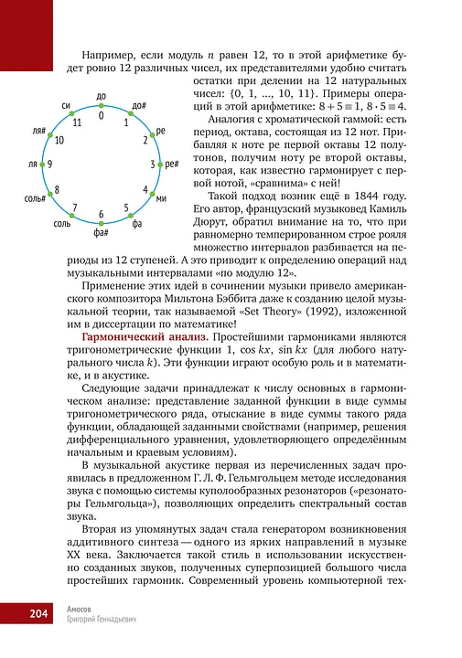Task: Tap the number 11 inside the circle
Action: tap(77, 122)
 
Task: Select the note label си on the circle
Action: tap(67, 106)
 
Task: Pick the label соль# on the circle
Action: tap(36, 197)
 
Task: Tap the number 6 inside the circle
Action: tap(101, 214)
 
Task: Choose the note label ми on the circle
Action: tap(161, 197)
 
